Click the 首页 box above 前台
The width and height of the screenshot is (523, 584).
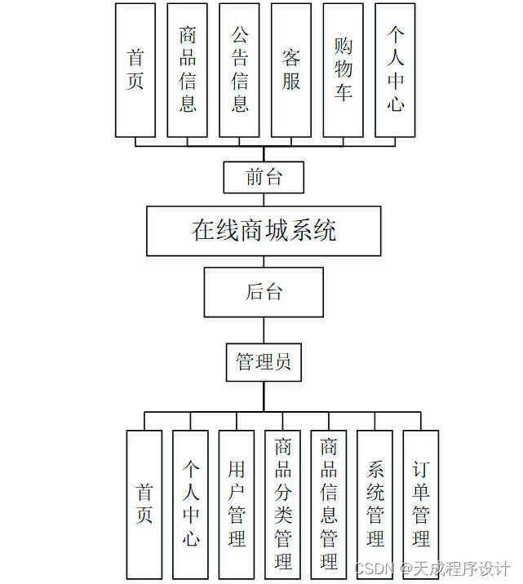pyautogui.click(x=135, y=70)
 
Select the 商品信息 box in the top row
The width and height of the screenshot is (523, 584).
pyautogui.click(x=188, y=70)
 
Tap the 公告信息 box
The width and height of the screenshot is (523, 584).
pyautogui.click(x=240, y=70)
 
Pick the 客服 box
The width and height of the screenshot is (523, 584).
pyautogui.click(x=291, y=70)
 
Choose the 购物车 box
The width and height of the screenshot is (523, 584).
pyautogui.click(x=343, y=70)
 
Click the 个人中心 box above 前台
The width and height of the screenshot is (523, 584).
pyautogui.click(x=396, y=70)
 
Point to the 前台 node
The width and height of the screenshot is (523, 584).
pyautogui.click(x=264, y=177)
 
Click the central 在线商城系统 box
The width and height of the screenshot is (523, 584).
pyautogui.click(x=264, y=231)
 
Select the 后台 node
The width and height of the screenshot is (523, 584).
pyautogui.click(x=264, y=292)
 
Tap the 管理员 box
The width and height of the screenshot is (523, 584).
pyautogui.click(x=264, y=362)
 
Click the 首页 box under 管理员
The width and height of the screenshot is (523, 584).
pyautogui.click(x=144, y=504)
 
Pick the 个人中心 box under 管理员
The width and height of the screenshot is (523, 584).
pyautogui.click(x=190, y=504)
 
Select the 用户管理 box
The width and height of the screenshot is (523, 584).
pyautogui.click(x=237, y=504)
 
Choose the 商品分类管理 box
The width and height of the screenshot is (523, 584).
pyautogui.click(x=283, y=504)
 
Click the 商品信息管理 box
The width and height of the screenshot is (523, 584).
pyautogui.click(x=329, y=504)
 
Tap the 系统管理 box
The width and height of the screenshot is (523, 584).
pyautogui.click(x=375, y=504)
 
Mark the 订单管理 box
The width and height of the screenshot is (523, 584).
pyautogui.click(x=421, y=504)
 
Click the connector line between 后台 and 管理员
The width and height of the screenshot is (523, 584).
pyautogui.click(x=264, y=330)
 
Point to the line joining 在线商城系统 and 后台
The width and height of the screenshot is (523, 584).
pyautogui.click(x=264, y=262)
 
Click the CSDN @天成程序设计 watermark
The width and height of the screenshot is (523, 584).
pyautogui.click(x=433, y=569)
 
